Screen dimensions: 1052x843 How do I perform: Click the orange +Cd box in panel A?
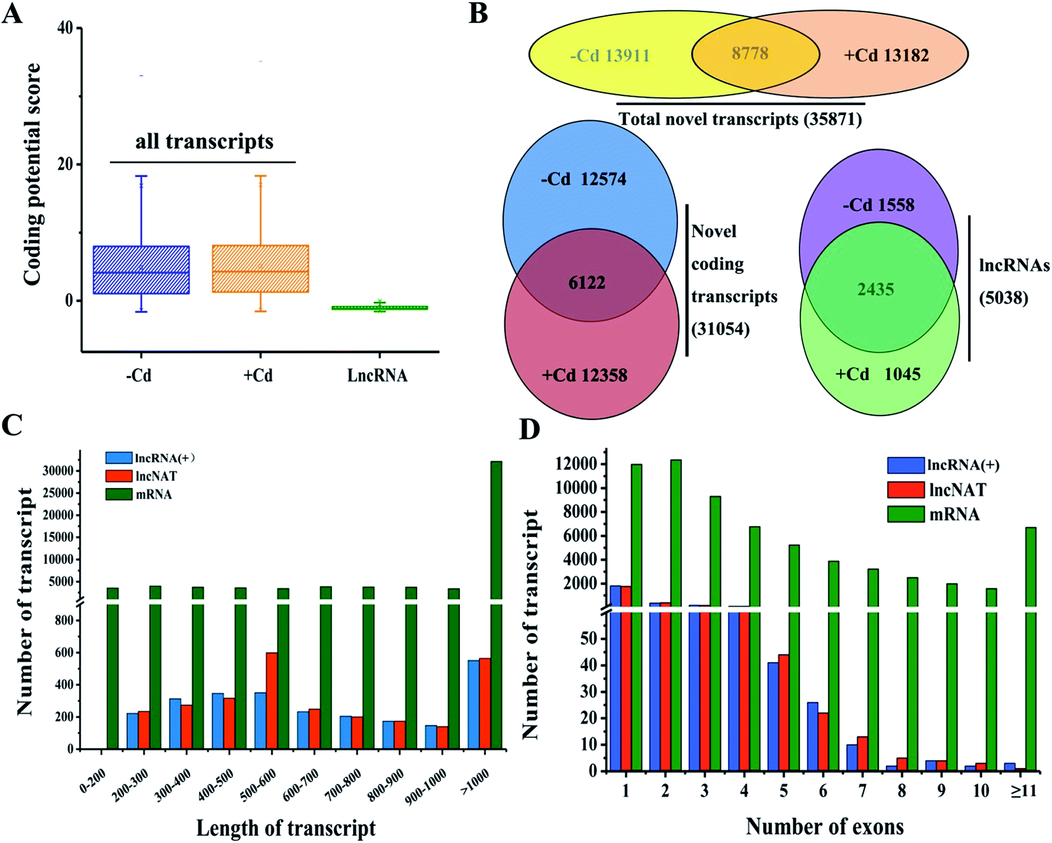click(260, 268)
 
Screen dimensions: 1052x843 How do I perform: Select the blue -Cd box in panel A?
click(141, 270)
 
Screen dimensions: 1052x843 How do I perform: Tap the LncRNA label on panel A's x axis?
click(377, 375)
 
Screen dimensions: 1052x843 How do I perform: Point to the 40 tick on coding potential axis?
click(65, 28)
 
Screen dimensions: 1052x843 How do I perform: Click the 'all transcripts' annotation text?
click(204, 141)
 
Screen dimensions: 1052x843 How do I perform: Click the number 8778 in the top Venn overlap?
click(750, 53)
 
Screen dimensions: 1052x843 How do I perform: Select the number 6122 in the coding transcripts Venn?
click(586, 282)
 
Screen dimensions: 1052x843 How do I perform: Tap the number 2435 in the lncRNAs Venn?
click(876, 289)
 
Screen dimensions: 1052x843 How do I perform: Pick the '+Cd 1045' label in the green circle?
click(878, 374)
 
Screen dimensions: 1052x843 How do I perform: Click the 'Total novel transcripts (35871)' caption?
click(740, 119)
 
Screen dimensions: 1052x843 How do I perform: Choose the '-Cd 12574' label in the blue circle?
click(583, 179)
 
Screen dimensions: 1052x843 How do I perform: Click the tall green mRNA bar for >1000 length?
click(496, 604)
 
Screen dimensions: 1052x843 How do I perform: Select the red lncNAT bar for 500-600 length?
click(272, 700)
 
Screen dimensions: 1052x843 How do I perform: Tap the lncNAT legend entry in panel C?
click(141, 476)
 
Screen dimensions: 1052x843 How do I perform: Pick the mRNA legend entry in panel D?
click(934, 514)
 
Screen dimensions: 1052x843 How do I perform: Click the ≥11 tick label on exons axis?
click(1023, 791)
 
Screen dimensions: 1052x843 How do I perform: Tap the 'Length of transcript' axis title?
click(286, 828)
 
